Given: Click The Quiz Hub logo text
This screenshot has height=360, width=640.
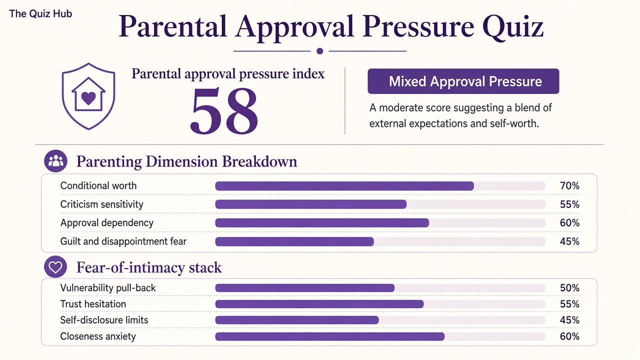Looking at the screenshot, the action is coord(40,13).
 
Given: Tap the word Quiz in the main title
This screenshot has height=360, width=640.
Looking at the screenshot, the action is coord(513,27).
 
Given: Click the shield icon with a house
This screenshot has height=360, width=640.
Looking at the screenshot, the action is coord(88,96).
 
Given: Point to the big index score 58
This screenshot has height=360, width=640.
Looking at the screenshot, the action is coord(224,110).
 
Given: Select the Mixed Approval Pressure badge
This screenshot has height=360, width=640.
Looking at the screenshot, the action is coord(463,81).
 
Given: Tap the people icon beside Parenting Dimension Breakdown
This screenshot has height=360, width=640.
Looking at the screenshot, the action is coord(55,161).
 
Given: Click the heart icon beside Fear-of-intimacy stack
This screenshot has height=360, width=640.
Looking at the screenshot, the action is coord(55,267).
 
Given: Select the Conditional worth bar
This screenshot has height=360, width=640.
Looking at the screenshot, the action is coord(344,186).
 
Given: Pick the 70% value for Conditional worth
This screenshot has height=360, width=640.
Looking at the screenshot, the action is coord(569,185).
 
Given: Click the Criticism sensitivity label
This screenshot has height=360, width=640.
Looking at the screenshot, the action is coord(101,204).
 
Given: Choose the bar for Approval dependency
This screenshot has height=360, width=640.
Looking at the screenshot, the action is coord(322,223).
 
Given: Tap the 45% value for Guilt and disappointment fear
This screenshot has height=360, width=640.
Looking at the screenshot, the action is coord(569,241).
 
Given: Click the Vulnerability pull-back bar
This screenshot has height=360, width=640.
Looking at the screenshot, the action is coord(305,288).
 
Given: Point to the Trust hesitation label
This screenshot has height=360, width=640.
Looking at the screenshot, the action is coord(93,304).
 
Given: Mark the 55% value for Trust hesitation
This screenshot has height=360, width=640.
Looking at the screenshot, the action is coord(569,304).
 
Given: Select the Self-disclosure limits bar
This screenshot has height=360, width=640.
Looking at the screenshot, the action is coord(297,320).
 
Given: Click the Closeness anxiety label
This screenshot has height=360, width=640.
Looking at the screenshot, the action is coord(98,336).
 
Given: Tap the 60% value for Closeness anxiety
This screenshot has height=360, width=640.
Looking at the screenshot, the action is coord(569,336).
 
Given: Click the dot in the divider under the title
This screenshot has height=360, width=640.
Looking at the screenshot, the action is coord(320,51).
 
